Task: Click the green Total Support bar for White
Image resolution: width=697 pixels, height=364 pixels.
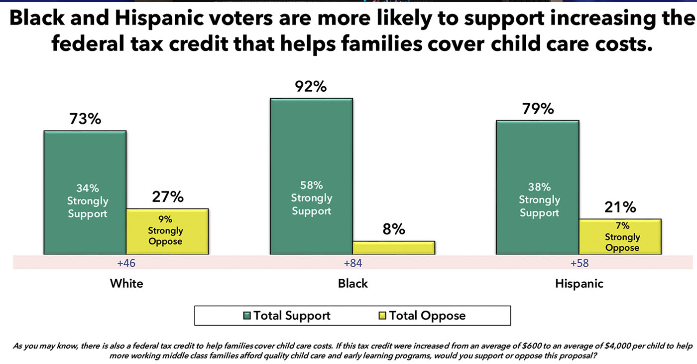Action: pos(85,192)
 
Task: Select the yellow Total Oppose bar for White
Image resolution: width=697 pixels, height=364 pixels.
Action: pos(167,231)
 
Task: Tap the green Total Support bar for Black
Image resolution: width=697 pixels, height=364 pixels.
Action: pos(311,176)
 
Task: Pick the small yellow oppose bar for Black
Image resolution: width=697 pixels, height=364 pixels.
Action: pos(393,248)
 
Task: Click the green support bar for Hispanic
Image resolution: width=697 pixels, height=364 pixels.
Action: pos(538,187)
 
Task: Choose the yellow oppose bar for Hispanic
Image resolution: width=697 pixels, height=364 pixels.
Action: pos(620,236)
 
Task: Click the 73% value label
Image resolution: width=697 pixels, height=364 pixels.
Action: pos(85,119)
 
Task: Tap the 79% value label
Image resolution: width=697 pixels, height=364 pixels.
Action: pos(538,109)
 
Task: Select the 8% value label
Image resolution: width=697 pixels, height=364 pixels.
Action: pos(394,229)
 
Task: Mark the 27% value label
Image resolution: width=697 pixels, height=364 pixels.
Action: pos(167,197)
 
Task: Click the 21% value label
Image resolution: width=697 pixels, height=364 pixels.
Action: pos(620,207)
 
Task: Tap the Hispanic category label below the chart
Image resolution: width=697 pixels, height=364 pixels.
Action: pos(579,284)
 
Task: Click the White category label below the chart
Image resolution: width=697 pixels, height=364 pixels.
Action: pos(126,284)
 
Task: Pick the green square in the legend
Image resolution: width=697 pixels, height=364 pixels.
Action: pos(247,316)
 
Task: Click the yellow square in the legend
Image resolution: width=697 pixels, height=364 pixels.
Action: pos(383,316)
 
